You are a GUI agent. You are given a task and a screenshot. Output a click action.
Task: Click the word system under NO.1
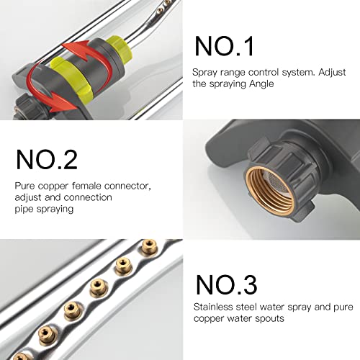click(297, 72)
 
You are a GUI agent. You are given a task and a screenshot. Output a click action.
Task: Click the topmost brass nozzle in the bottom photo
click(149, 246)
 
